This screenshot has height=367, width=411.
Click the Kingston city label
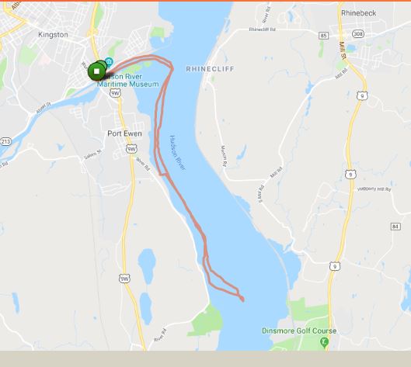click(x=53, y=35)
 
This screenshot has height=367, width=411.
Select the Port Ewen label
click(x=124, y=133)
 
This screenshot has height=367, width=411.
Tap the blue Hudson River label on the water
click(x=177, y=154)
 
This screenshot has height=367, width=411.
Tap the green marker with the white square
click(x=96, y=72)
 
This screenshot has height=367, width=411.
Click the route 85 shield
click(x=323, y=35)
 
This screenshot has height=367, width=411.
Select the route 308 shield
click(x=358, y=35)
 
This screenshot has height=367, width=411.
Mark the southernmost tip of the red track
click(x=242, y=299)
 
